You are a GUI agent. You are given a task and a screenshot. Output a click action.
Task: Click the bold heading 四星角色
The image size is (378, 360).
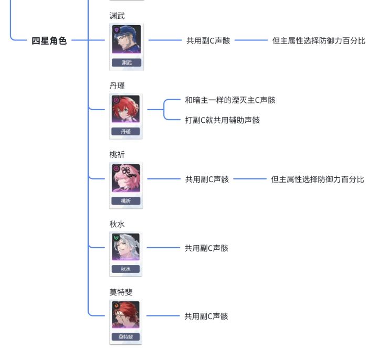click(49, 41)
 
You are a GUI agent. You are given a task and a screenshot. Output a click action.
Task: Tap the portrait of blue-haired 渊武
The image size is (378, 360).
click(127, 39)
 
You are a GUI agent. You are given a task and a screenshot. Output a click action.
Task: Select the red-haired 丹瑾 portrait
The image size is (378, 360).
click(125, 109)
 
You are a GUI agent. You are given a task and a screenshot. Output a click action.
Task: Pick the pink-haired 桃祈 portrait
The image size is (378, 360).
click(126, 178)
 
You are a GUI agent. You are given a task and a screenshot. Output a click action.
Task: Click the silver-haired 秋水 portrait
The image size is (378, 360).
click(125, 247)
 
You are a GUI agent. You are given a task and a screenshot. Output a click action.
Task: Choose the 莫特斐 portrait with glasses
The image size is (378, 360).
click(125, 315)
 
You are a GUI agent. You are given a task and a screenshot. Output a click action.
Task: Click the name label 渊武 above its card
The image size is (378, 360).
click(117, 16)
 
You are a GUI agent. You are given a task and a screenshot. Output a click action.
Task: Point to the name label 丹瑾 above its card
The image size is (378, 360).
click(117, 86)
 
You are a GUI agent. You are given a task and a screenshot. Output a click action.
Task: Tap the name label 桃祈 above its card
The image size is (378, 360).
click(117, 154)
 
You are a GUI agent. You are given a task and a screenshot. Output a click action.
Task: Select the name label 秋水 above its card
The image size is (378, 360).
click(117, 224)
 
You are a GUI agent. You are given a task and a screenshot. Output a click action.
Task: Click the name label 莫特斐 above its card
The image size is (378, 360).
click(121, 292)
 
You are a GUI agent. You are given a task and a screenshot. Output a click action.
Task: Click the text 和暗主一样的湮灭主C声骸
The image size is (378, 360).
click(230, 100)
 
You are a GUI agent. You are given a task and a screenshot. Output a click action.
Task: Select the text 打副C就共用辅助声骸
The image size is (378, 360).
click(222, 120)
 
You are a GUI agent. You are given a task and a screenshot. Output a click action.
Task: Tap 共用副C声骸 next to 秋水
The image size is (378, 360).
click(206, 248)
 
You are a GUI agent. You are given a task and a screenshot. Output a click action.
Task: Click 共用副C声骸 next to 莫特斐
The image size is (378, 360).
click(206, 316)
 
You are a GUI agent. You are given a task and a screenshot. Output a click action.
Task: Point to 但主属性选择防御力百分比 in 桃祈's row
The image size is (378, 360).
click(318, 179)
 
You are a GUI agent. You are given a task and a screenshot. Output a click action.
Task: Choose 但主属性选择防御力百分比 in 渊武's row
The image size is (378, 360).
click(319, 41)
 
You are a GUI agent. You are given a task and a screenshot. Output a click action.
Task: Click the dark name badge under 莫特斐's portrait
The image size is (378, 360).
click(125, 336)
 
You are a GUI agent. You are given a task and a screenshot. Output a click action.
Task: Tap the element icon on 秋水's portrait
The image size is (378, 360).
click(116, 238)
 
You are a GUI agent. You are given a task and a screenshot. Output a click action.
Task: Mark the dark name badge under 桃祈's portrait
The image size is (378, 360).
click(126, 200)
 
